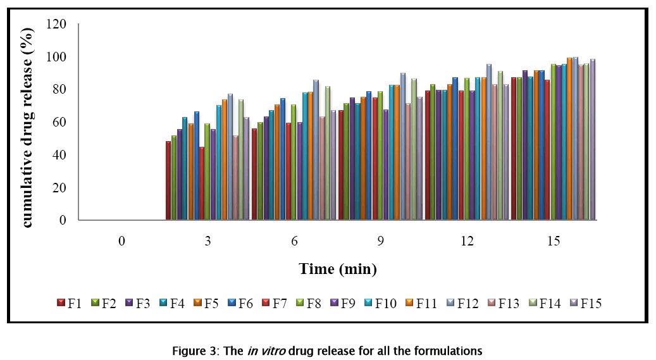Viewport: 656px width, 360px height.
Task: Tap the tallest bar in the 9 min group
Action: [x=403, y=147]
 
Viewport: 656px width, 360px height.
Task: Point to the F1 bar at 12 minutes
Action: [x=428, y=156]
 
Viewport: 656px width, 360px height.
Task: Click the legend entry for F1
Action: [x=69, y=302]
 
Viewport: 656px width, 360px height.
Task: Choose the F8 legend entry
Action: [x=309, y=302]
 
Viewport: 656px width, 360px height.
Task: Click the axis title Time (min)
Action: [x=338, y=269]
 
